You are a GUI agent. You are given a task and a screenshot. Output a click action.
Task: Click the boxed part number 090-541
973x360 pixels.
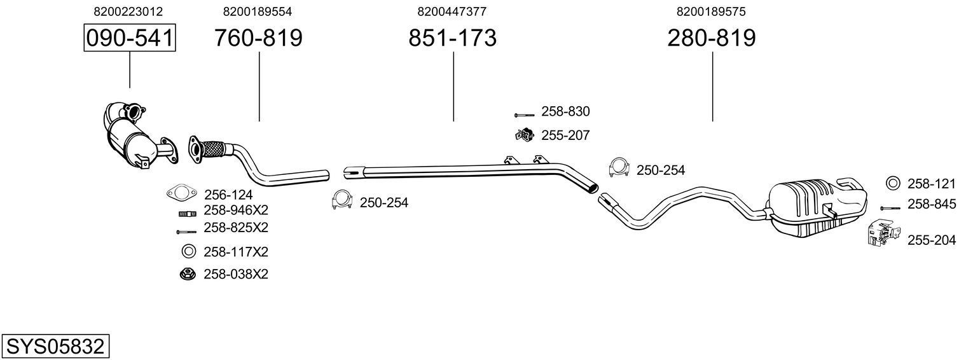[x=130, y=38]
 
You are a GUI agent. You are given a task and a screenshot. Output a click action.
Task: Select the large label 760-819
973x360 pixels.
[x=258, y=38]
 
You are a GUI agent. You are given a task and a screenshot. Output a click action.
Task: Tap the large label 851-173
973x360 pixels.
[x=452, y=38]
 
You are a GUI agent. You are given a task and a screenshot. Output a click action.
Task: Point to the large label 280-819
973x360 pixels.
[x=712, y=38]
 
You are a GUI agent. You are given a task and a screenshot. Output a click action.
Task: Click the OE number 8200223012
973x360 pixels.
[x=128, y=11]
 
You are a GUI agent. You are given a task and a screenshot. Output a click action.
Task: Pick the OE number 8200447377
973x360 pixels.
[x=452, y=11]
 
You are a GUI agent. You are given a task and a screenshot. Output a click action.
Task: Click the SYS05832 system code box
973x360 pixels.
[x=55, y=347]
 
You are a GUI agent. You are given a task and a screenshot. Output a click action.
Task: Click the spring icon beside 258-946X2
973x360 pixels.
[x=187, y=213]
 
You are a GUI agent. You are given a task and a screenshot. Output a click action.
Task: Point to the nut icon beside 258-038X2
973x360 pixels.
[x=188, y=274]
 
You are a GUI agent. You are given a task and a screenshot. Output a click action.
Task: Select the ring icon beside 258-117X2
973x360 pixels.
[x=188, y=251]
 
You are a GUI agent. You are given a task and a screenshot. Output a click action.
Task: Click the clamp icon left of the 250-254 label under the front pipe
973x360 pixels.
[x=342, y=200]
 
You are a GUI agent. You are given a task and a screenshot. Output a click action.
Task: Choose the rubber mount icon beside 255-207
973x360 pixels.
[x=523, y=135]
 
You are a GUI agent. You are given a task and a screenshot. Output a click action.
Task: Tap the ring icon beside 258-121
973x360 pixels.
[x=892, y=184]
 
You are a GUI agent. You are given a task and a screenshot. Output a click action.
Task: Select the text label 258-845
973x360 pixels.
[x=931, y=204]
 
